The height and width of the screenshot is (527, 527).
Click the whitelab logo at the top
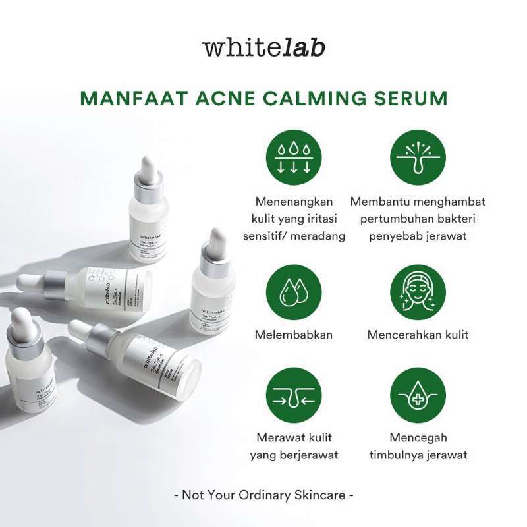coord(263,48)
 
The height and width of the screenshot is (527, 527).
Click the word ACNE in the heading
coord(223,99)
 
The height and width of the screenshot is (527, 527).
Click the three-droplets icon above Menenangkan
coord(293,157)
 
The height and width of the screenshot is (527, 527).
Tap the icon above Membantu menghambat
coord(418,157)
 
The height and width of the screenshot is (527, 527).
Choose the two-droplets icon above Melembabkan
coord(293,292)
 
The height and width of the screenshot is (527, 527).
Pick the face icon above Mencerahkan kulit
coord(418,292)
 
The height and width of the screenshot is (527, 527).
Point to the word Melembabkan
coord(293,335)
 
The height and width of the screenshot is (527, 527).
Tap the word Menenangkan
coord(293,202)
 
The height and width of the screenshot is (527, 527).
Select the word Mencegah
coord(418,437)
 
